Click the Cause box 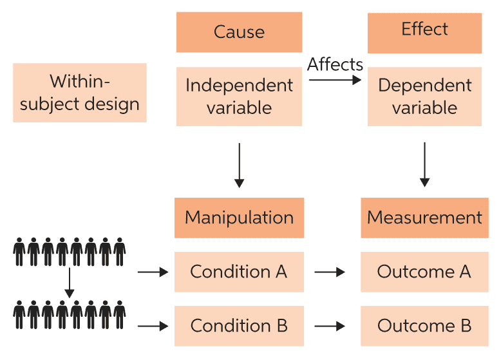pyautogui.click(x=239, y=32)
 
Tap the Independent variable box pyautogui.click(x=239, y=96)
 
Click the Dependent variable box pyautogui.click(x=424, y=96)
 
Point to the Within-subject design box pyautogui.click(x=80, y=93)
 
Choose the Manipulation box pyautogui.click(x=239, y=218)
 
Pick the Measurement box pyautogui.click(x=424, y=218)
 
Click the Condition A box pyautogui.click(x=239, y=272)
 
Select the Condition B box pyautogui.click(x=239, y=326)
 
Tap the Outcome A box pyautogui.click(x=424, y=272)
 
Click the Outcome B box pyautogui.click(x=424, y=326)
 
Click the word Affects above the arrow pyautogui.click(x=335, y=64)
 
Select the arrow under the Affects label pyautogui.click(x=335, y=80)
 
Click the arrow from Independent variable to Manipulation pyautogui.click(x=239, y=165)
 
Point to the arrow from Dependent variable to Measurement pyautogui.click(x=424, y=165)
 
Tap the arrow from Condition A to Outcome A pyautogui.click(x=330, y=272)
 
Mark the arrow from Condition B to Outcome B pyautogui.click(x=330, y=327)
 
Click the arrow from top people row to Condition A pyautogui.click(x=153, y=272)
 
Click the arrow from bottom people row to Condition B pyautogui.click(x=153, y=327)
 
